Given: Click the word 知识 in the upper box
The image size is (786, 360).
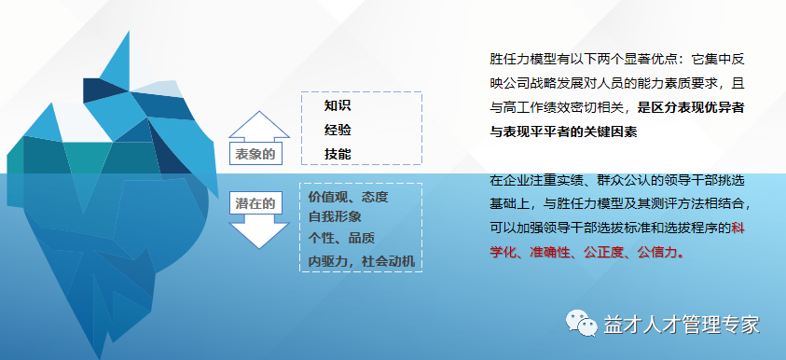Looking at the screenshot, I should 338,105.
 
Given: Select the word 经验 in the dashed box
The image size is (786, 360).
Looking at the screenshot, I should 338,130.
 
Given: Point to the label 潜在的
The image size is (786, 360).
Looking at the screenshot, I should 255,201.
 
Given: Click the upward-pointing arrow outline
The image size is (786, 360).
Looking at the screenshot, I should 255,126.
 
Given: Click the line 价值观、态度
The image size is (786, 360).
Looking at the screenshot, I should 348,197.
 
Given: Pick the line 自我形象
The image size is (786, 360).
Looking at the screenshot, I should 335,216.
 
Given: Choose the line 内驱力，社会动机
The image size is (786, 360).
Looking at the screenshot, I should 361,259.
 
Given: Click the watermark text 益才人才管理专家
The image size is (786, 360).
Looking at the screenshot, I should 682,325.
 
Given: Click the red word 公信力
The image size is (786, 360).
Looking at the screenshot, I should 657,252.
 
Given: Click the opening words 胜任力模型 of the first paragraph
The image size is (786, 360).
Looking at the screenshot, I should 517,58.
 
